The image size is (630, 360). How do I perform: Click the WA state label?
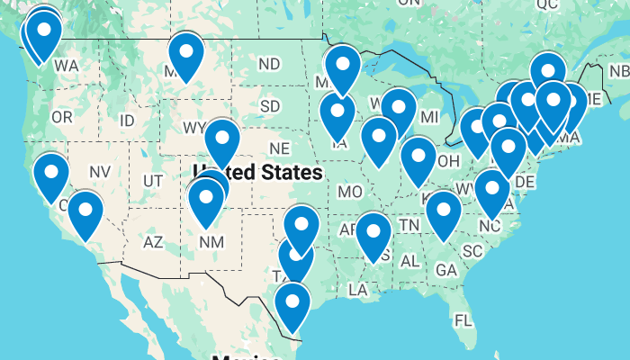click(66, 66)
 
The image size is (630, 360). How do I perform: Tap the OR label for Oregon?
click(61, 117)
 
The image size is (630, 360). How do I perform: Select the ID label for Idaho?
click(127, 120)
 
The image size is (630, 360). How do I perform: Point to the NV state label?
click(100, 171)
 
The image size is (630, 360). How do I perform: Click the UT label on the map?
click(153, 181)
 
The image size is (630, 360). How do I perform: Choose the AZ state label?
click(153, 241)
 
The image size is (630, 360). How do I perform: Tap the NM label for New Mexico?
click(211, 241)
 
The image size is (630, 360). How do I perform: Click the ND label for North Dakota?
click(268, 64)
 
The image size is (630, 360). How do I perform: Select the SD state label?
click(270, 106)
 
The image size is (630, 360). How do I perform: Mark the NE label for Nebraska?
click(280, 148)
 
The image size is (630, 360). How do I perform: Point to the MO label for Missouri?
click(350, 191)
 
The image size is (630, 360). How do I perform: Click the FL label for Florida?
click(463, 320)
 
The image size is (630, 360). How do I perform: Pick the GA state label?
click(445, 269)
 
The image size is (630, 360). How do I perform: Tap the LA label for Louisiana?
click(358, 289)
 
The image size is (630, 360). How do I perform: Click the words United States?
click(258, 171)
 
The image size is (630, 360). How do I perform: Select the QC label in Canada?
click(547, 4)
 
